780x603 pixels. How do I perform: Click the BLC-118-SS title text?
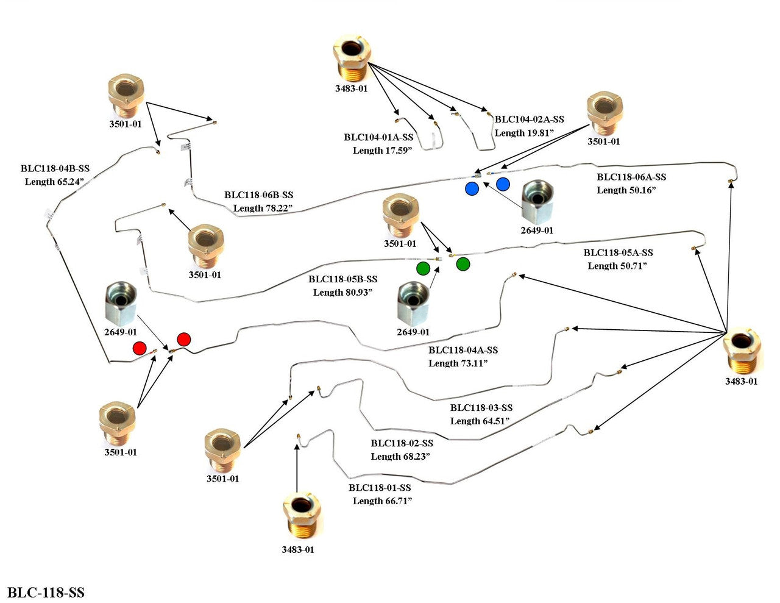coord(46,592)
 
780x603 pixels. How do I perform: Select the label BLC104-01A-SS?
coord(378,138)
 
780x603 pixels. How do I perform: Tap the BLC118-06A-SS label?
coord(631,177)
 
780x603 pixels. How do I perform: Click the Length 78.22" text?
coord(263,209)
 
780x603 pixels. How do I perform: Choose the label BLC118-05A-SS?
coord(618,252)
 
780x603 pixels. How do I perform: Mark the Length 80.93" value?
coord(342,293)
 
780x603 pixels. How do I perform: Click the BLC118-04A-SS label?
coord(463,350)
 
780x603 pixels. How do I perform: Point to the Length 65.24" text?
coord(54,182)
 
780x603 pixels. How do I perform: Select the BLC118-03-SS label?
coord(481,408)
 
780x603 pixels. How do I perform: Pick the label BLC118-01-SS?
coord(380,488)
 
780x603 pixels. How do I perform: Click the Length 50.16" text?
coord(626,190)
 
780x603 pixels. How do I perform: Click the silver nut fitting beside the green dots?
coord(413,303)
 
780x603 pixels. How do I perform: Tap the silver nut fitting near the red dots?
coord(121,303)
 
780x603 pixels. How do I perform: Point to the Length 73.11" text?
coord(458,363)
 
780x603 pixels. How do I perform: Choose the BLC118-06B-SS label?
coord(258,195)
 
